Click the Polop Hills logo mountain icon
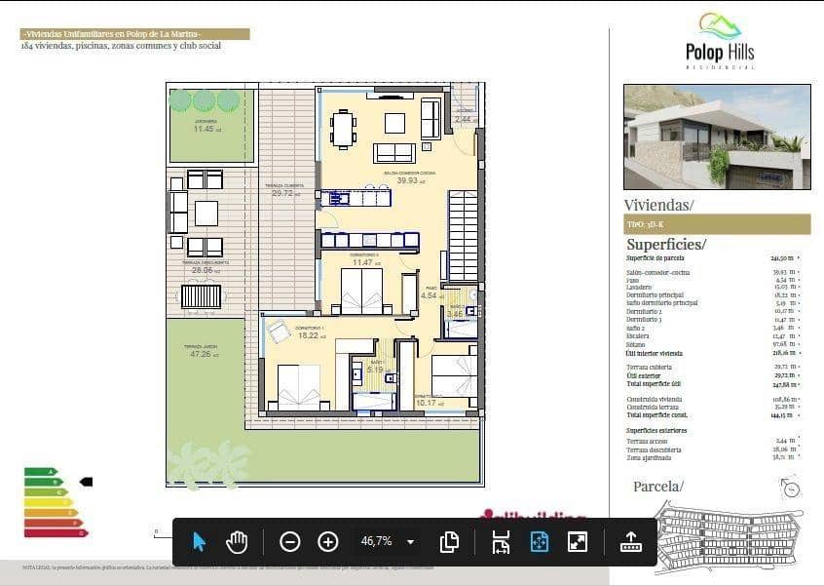point(720,24)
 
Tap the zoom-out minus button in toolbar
point(289,541)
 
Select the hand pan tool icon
point(237,541)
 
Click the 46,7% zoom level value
point(377,541)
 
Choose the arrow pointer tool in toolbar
point(199,541)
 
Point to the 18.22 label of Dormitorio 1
point(308,335)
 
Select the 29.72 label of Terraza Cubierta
point(283,193)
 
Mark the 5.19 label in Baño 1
point(375,370)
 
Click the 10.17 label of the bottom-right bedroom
point(427,402)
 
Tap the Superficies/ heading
point(665,245)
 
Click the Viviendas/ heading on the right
point(658,205)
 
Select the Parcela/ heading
point(658,486)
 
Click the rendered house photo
point(717,137)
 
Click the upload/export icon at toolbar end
point(631,541)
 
